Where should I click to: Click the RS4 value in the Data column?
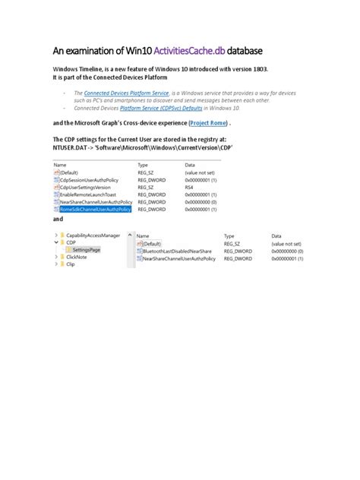[x=189, y=187]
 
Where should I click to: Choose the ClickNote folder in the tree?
[x=76, y=257]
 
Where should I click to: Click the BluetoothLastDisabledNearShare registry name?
[x=176, y=250]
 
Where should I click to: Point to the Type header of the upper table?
[x=143, y=165]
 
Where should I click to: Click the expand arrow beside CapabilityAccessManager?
[x=56, y=235]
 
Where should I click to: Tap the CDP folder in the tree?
[x=72, y=242]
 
